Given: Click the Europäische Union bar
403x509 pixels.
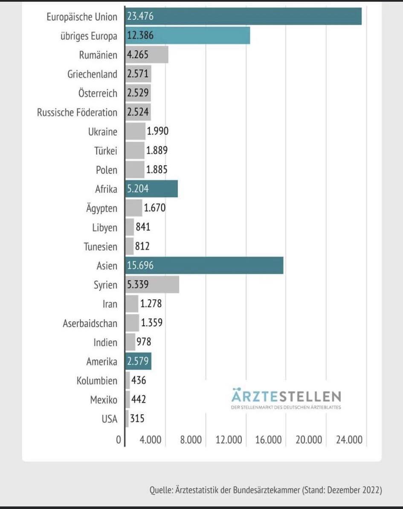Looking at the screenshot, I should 244,17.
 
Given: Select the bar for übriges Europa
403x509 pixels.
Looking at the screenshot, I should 188,36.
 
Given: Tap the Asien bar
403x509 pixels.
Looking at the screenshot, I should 204,266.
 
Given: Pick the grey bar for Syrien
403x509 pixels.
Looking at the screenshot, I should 152,285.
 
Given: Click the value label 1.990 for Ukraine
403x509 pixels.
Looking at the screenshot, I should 157,131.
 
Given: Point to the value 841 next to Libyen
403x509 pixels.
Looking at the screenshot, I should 143,227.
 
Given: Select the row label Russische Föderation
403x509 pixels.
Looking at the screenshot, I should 77,113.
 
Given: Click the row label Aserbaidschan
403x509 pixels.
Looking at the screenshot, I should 90,323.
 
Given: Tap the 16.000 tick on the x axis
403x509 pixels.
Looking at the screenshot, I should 268,440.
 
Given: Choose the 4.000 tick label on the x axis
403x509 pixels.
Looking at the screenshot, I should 150,440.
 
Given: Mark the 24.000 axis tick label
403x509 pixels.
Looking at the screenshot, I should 349,440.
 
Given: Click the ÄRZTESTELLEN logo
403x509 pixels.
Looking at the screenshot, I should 286,398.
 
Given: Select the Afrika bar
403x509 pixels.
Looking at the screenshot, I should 151,189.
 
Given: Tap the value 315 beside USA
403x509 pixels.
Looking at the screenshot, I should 137,419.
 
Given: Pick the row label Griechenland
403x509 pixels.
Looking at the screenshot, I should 92,74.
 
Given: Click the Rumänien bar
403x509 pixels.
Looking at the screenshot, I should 147,55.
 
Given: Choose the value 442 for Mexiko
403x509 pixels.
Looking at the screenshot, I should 139,400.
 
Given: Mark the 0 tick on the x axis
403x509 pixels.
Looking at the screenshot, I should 119,440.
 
